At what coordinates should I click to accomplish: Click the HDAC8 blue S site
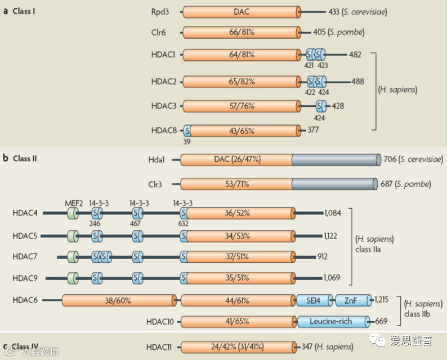pos(187,131)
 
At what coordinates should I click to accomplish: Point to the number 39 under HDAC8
pos(186,142)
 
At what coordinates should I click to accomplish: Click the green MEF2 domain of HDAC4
pos(73,213)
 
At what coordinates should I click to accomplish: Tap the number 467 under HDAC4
pos(136,223)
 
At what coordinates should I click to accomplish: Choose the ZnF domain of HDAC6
pos(354,300)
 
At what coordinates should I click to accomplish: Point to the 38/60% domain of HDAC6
pos(118,300)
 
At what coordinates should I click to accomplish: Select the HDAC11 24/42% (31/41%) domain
pos(239,346)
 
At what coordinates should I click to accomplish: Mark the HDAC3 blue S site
pos(321,106)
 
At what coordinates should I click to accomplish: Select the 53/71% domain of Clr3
pos(236,184)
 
